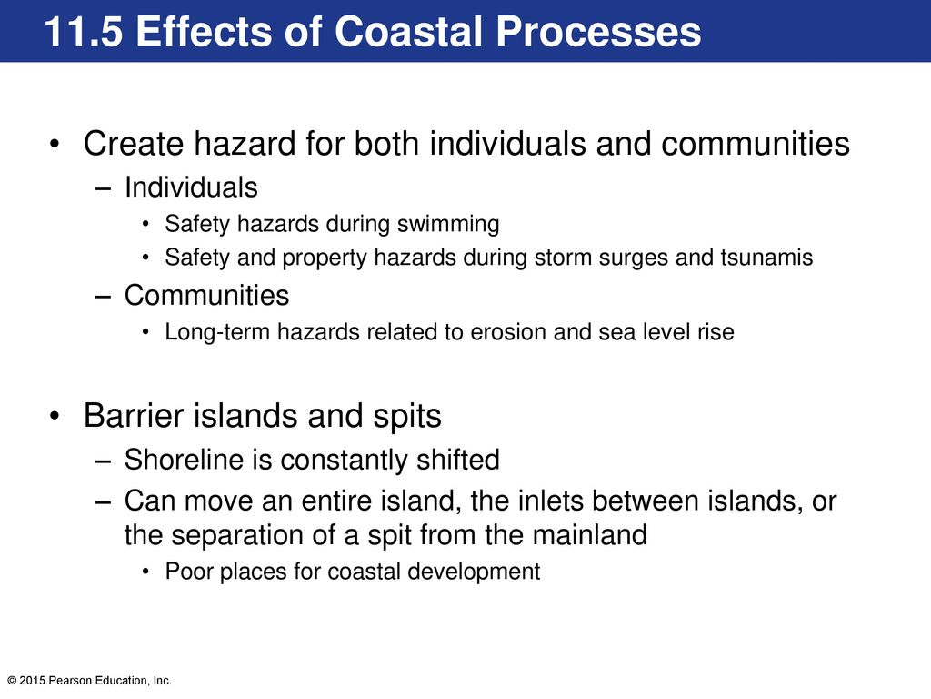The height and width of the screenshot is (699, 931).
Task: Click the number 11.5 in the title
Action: [x=84, y=32]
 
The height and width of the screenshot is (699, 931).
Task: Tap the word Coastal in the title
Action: [x=409, y=32]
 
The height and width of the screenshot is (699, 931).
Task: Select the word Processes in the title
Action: [x=598, y=32]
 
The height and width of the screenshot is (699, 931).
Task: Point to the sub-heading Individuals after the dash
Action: [x=191, y=187]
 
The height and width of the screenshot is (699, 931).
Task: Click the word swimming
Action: [x=448, y=225]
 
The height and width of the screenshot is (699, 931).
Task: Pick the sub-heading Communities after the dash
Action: [x=206, y=296]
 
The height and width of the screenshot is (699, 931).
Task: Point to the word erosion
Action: [x=508, y=332]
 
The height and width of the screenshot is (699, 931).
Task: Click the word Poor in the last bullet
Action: [x=187, y=572]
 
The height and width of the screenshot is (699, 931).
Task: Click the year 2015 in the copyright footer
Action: [x=32, y=681]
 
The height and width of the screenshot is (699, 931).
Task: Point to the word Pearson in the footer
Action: [x=66, y=681]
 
